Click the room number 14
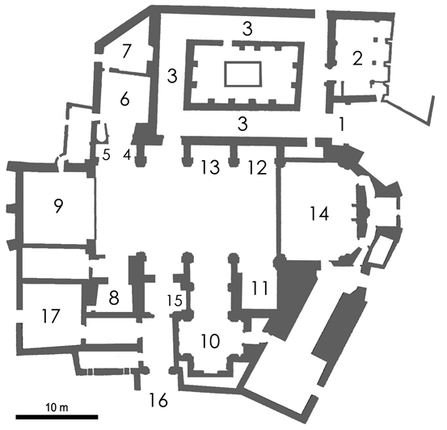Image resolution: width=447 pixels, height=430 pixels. [319, 214]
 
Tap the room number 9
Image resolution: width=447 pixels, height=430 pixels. [58, 206]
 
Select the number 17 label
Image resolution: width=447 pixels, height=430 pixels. [51, 316]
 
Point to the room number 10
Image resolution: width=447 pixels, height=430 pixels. [210, 341]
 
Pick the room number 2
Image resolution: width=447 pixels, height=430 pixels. [357, 59]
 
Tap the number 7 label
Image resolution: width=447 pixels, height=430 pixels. [126, 52]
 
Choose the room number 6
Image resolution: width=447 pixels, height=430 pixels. [124, 99]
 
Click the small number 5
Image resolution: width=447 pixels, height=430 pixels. [106, 155]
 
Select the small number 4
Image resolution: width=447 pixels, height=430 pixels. [127, 155]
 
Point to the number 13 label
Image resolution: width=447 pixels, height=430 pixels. [210, 167]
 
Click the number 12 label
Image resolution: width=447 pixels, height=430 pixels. [257, 167]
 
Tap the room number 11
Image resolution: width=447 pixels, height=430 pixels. [259, 288]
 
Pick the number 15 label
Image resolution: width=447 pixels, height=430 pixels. [175, 300]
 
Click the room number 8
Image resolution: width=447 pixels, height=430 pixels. [114, 298]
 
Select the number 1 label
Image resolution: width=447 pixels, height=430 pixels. [341, 124]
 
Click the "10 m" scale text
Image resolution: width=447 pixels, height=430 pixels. [57, 407]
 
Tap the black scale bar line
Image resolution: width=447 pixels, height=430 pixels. [57, 417]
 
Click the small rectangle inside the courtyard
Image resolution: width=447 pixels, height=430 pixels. [242, 74]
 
